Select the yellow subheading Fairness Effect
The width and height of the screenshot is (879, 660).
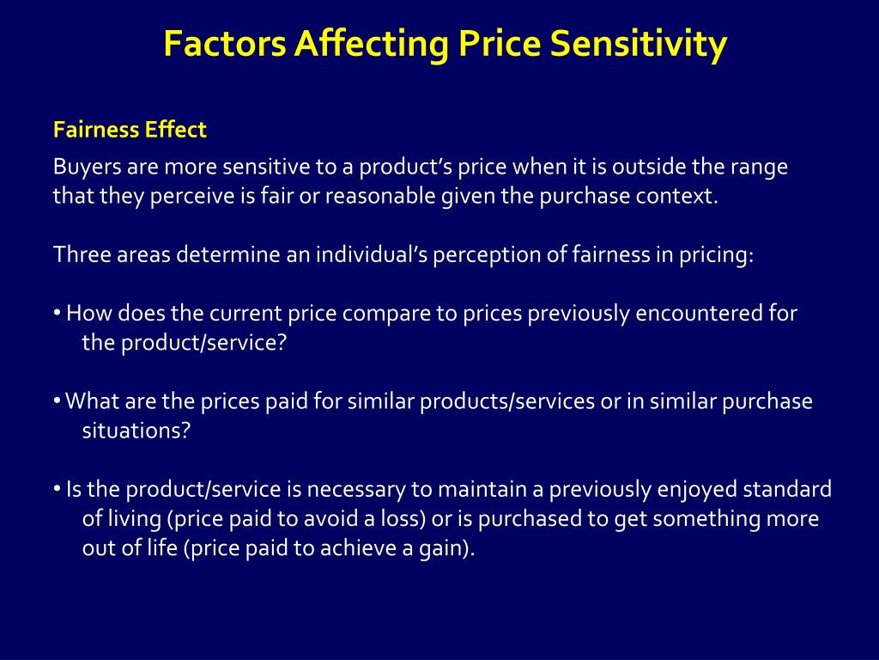point(130,130)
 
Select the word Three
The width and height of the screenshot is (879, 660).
point(79,255)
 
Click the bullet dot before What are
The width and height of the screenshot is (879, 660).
point(57,401)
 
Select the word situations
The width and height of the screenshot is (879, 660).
point(136,431)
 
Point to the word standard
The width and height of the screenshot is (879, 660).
point(786,490)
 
